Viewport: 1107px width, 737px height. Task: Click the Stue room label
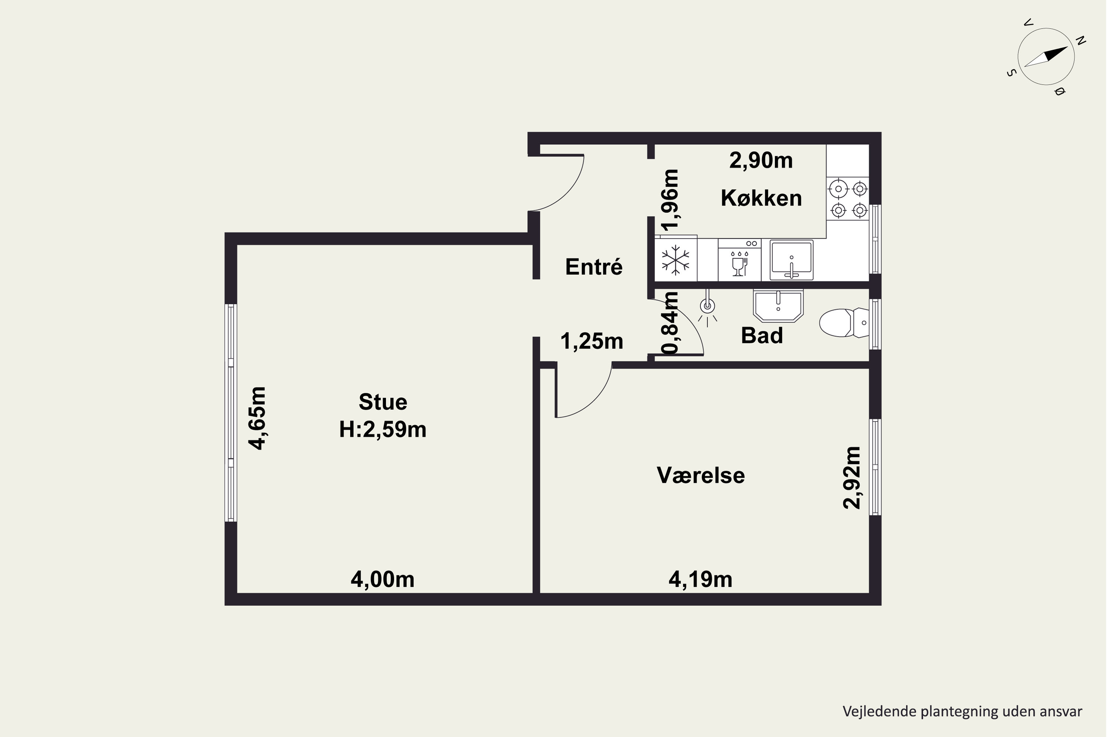[x=383, y=402]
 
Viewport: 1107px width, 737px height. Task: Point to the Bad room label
[x=762, y=336]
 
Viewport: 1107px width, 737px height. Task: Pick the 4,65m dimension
[x=258, y=418]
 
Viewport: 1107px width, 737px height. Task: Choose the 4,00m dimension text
[x=383, y=579]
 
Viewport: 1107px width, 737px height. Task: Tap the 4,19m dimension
[x=700, y=579]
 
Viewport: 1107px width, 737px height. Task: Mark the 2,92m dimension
[x=851, y=478]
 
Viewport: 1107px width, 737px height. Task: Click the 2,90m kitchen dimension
[x=761, y=160]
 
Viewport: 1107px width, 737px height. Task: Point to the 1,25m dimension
[x=592, y=341]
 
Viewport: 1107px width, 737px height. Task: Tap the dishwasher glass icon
[x=739, y=264]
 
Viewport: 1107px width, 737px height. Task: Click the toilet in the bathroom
[x=844, y=322]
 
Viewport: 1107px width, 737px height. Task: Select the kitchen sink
[x=791, y=260]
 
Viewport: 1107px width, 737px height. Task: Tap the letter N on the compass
[x=1081, y=41]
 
